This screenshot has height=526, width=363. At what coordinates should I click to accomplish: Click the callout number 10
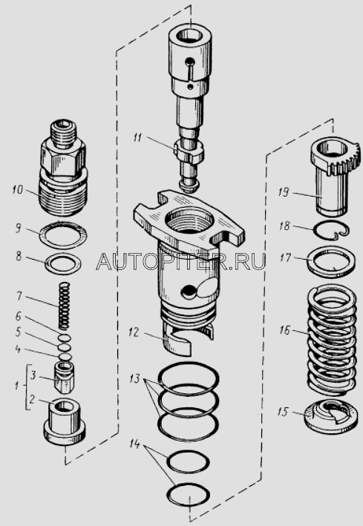click(x=17, y=190)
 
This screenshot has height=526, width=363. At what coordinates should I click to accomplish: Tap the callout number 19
click(x=284, y=193)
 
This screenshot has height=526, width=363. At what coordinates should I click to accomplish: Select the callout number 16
click(x=284, y=330)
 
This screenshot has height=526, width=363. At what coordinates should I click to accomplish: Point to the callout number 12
click(x=134, y=332)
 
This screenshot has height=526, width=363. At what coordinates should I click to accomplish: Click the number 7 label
click(x=19, y=297)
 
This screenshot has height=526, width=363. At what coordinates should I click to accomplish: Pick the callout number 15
click(x=282, y=412)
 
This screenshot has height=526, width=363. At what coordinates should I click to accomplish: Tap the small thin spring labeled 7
click(x=65, y=306)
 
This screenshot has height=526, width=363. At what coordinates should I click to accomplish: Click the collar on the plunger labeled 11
click(x=189, y=151)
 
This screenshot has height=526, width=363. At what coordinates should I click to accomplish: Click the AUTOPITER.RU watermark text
click(x=181, y=262)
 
